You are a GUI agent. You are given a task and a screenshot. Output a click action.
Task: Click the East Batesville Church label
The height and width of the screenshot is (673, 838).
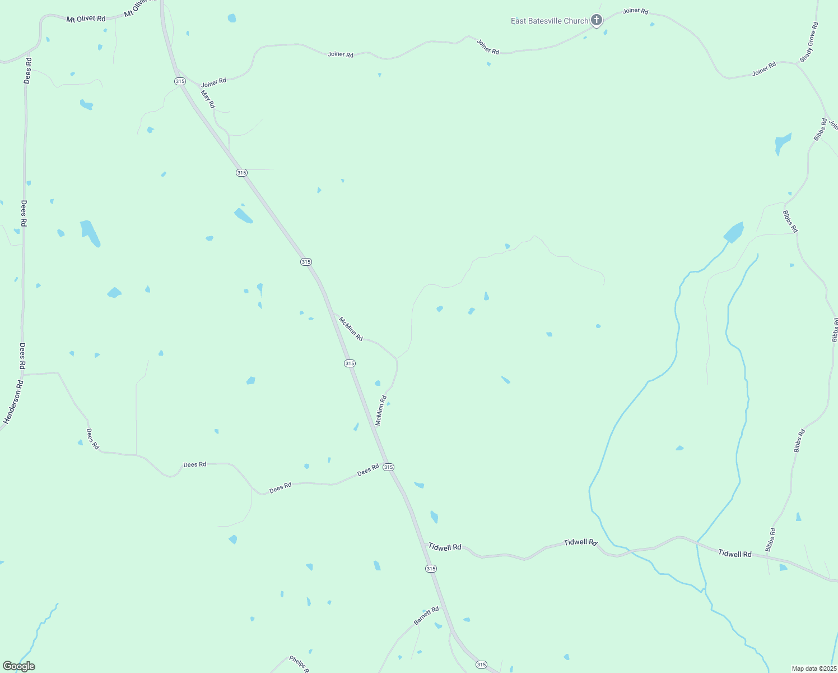549,21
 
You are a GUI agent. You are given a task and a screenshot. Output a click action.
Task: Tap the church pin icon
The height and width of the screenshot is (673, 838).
597,21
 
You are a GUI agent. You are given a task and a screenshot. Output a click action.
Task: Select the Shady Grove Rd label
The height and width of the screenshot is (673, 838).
809,42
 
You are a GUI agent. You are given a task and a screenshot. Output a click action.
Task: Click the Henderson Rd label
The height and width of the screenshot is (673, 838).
13,402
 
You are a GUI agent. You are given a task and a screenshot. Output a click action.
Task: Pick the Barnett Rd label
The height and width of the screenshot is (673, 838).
426,616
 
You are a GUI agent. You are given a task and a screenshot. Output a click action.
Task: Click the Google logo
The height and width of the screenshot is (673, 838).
18,666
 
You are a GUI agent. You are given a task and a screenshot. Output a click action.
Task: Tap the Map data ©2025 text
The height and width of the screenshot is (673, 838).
813,669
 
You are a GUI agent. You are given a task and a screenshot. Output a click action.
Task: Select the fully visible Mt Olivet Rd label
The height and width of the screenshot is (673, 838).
86,19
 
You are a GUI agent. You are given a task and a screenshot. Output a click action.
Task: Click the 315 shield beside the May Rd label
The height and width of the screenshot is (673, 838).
180,81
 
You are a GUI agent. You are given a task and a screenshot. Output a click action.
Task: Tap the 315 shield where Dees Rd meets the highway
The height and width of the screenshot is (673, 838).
389,467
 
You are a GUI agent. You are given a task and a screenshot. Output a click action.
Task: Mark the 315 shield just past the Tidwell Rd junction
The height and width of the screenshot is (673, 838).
430,569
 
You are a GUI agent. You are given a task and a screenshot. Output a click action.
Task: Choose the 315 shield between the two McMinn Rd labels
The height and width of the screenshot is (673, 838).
350,363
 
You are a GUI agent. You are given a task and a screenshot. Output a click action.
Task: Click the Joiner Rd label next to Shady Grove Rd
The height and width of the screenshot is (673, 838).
764,68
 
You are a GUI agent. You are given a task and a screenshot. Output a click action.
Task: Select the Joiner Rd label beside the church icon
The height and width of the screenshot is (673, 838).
635,11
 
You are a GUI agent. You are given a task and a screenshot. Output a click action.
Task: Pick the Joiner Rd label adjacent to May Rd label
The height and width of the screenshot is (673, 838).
213,82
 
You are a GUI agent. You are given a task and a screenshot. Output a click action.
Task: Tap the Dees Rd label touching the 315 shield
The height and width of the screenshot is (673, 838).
368,471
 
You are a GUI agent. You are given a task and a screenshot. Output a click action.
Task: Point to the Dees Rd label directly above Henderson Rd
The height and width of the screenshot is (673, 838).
22,356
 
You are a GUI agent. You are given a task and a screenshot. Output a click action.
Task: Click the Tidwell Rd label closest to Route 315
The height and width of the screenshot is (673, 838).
445,547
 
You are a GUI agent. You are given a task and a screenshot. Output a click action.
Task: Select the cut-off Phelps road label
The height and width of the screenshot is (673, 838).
299,663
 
